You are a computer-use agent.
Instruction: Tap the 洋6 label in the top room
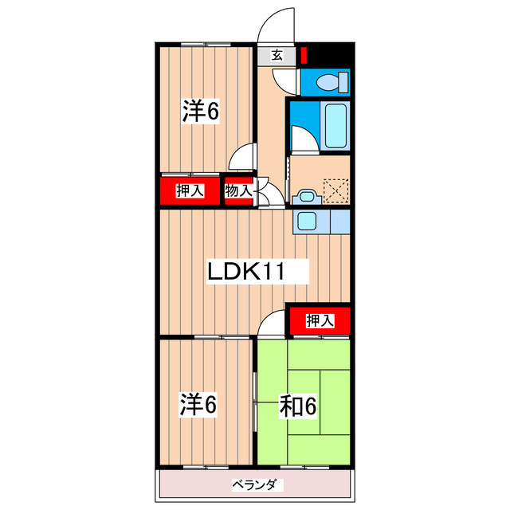[x=200, y=112]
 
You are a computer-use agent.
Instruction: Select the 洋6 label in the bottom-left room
[x=198, y=405]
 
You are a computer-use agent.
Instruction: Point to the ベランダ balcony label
[x=253, y=484]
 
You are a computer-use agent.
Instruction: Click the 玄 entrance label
[x=277, y=55]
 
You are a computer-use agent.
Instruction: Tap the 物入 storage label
[x=238, y=190]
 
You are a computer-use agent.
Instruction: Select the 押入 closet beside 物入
[x=190, y=190]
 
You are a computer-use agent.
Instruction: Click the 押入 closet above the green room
[x=319, y=320]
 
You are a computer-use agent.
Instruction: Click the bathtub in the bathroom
[x=335, y=125]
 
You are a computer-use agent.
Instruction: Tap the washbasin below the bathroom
[x=304, y=197]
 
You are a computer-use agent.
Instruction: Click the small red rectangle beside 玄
[x=303, y=57]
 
